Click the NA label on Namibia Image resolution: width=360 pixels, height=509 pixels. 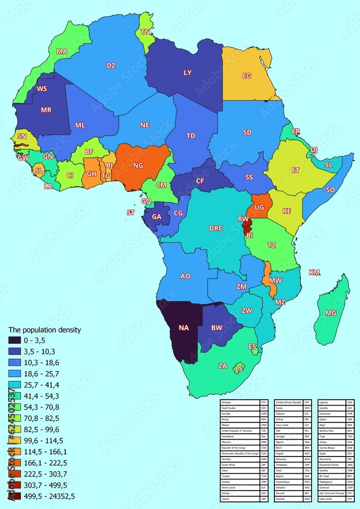[184, 328]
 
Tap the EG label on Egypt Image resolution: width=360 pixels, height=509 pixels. [247, 76]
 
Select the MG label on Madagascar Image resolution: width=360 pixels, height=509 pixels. [331, 313]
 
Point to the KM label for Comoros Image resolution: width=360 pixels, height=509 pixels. [314, 273]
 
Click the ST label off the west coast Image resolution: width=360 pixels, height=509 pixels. [130, 213]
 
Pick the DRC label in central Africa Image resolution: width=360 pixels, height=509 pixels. [216, 229]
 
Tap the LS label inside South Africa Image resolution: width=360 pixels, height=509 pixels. [239, 368]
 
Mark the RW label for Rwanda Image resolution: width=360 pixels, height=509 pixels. [243, 219]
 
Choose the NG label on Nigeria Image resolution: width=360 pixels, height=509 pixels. [138, 165]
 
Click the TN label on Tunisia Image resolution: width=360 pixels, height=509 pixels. [145, 32]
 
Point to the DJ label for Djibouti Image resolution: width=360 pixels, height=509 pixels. [314, 150]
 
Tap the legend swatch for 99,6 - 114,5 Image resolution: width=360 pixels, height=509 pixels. [16, 440]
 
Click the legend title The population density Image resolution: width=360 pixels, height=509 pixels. [45, 329]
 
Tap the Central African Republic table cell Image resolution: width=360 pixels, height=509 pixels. [289, 402]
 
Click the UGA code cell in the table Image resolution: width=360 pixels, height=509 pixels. [350, 402]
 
